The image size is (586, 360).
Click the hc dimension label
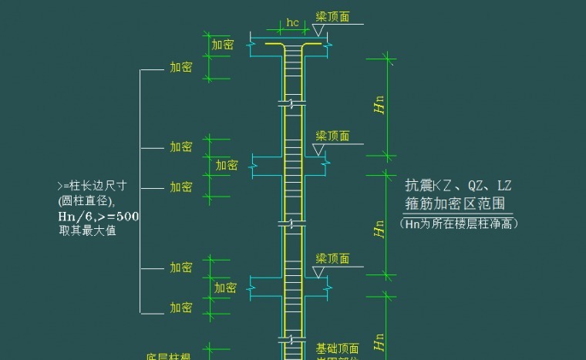pos(292,22)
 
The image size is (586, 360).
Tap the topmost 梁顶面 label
pos(332,16)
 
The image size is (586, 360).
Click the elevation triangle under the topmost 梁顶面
pos(318,29)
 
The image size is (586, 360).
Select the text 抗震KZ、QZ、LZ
pos(458,186)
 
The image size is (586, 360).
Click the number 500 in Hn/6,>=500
pos(127,217)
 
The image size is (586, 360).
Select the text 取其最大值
pos(87,230)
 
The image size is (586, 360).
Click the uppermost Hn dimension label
pos(379,106)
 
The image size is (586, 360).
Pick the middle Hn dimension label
pos(379,227)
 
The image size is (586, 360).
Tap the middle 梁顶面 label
pos(332,136)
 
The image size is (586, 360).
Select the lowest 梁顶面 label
pos(332,258)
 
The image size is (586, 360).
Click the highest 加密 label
pos(222,45)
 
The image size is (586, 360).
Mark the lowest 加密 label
pos(181,308)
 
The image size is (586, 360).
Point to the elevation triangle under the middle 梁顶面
pos(318,149)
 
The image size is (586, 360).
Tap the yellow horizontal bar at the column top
pos(292,44)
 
